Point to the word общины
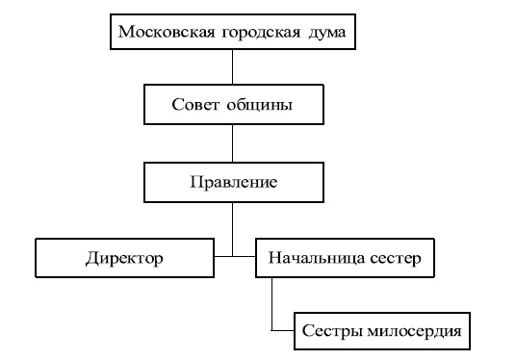(263, 105)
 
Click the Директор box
(123, 258)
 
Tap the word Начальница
(314, 258)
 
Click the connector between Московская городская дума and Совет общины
(232, 67)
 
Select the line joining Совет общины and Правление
(232, 142)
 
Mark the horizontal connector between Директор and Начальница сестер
(234, 257)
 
